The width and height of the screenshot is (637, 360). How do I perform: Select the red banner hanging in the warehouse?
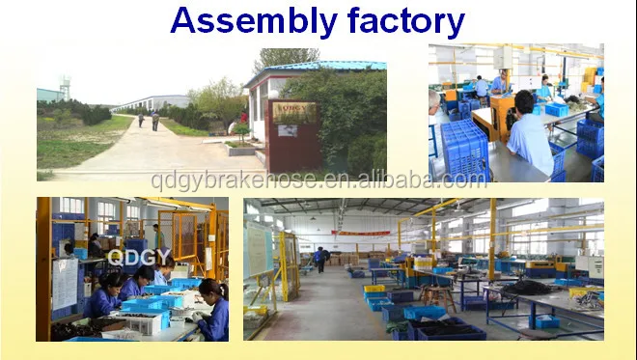click(x=362, y=233)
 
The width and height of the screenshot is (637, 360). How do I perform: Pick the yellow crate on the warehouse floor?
click(x=374, y=288)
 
